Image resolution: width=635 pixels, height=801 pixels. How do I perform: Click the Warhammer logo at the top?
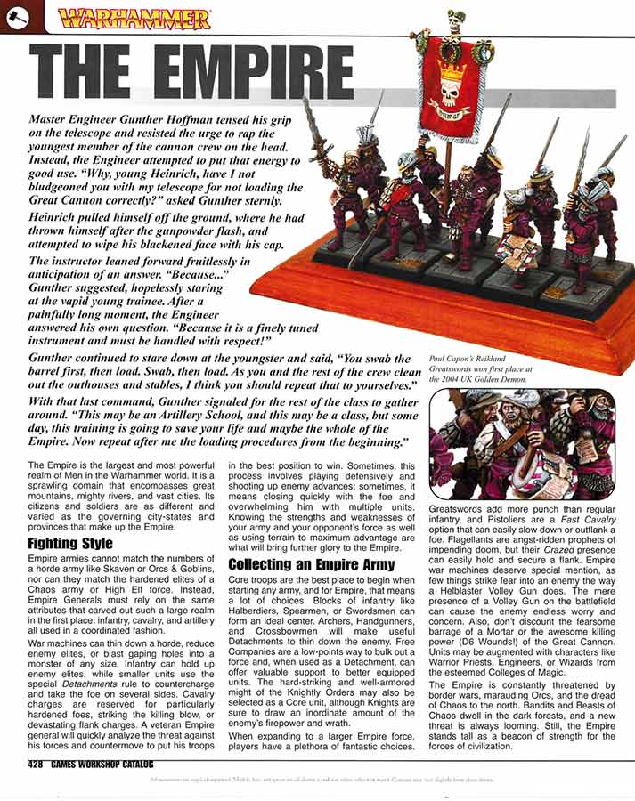point(134,18)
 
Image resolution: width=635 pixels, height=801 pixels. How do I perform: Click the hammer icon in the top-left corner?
point(15,15)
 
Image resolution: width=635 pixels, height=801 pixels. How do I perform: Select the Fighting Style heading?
point(69,543)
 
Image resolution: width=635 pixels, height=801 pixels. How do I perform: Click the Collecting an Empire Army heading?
point(312,564)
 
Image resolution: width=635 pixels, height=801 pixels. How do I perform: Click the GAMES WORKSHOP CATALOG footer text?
point(104,765)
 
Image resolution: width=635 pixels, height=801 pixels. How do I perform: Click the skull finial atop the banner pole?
point(455,17)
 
